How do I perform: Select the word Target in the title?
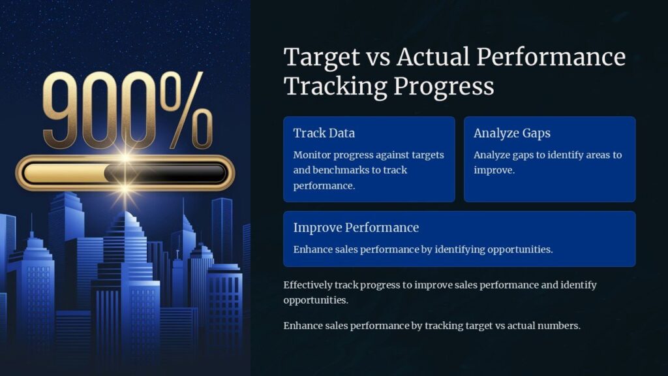coord(322,57)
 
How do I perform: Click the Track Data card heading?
coord(324,133)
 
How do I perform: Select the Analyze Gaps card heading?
coord(512,133)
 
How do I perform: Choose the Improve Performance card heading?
coord(356,228)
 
